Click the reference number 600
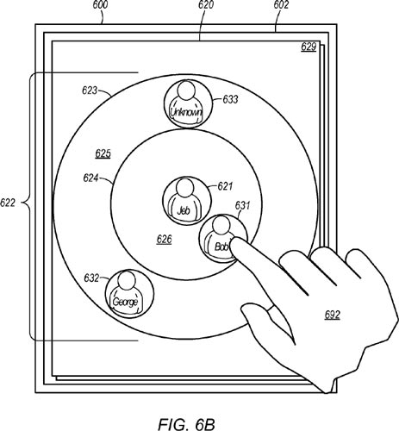point(101,5)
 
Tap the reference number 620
point(206,5)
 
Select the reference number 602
point(281,5)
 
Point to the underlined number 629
point(309,47)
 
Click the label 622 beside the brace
point(8,203)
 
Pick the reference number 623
point(90,91)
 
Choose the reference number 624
point(90,178)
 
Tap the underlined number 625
point(103,153)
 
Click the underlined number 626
point(165,239)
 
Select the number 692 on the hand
point(333,315)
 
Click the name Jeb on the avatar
point(184,211)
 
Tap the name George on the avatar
point(126,302)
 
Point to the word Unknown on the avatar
point(186,112)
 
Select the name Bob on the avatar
point(221,247)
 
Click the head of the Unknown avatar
point(186,91)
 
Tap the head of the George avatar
point(127,280)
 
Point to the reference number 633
point(230,99)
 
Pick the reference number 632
point(91,278)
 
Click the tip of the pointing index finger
point(234,240)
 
